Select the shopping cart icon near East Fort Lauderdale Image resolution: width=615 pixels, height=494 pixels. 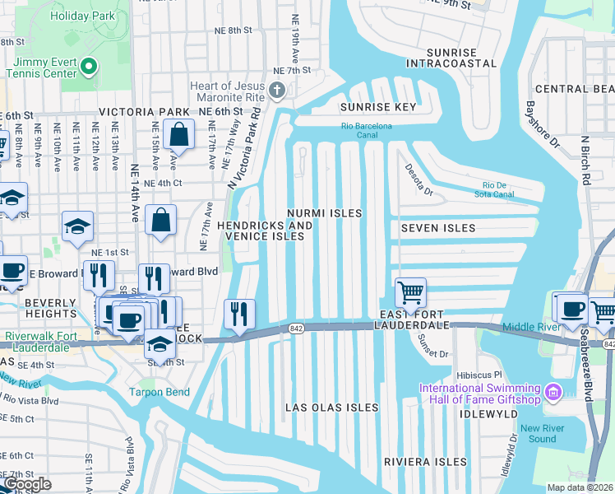(x=409, y=291)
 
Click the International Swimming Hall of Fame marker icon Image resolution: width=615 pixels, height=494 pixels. (x=553, y=389)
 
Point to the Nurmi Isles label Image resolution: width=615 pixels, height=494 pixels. (x=324, y=213)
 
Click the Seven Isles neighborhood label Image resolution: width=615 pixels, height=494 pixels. (x=438, y=227)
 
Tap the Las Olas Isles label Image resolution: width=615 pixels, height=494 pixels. (x=331, y=408)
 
